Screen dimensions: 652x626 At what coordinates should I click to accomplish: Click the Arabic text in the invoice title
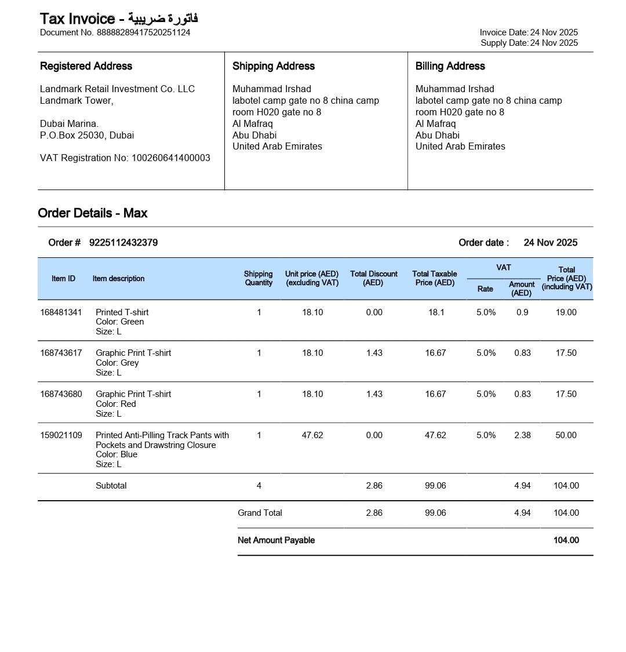pyautogui.click(x=163, y=19)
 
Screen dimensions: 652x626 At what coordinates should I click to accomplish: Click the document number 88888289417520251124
pyautogui.click(x=143, y=32)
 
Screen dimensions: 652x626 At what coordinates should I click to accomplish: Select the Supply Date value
pyautogui.click(x=554, y=43)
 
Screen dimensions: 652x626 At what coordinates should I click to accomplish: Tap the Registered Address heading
pyautogui.click(x=86, y=66)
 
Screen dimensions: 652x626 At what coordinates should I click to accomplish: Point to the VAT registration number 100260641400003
pyautogui.click(x=170, y=158)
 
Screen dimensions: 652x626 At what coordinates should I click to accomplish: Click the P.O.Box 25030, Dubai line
pyautogui.click(x=87, y=135)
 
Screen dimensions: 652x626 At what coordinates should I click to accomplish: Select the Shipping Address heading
pyautogui.click(x=274, y=66)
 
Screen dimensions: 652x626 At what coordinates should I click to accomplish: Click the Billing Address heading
pyautogui.click(x=450, y=66)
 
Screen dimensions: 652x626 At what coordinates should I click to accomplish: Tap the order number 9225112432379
pyautogui.click(x=123, y=243)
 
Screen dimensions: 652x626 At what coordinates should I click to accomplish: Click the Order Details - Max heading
pyautogui.click(x=93, y=213)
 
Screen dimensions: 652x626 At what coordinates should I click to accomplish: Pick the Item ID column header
pyautogui.click(x=63, y=279)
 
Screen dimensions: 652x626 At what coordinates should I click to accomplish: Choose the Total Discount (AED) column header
pyautogui.click(x=373, y=278)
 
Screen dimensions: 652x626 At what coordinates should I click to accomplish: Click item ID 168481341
pyautogui.click(x=61, y=312)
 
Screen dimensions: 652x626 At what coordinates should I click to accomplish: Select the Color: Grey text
pyautogui.click(x=117, y=363)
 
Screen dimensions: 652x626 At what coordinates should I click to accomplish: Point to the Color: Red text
pyautogui.click(x=116, y=404)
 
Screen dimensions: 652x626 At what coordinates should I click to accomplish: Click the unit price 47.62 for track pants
pyautogui.click(x=312, y=435)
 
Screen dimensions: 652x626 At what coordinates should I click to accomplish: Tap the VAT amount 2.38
pyautogui.click(x=522, y=435)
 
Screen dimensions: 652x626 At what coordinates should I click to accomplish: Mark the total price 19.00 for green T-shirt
pyautogui.click(x=566, y=312)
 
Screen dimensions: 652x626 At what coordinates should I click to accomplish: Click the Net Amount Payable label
pyautogui.click(x=276, y=540)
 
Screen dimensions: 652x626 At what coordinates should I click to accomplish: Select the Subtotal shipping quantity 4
pyautogui.click(x=259, y=486)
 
